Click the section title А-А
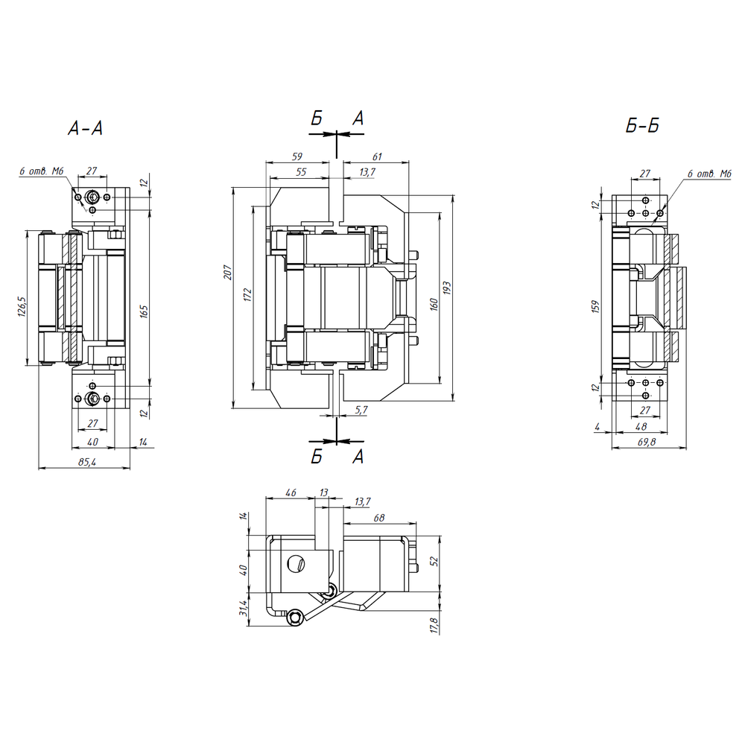click(x=86, y=128)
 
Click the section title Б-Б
click(x=642, y=125)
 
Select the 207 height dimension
click(x=228, y=272)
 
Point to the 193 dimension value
click(x=447, y=288)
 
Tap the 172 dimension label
click(x=247, y=294)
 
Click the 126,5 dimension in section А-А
click(x=22, y=306)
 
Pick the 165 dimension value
click(x=145, y=311)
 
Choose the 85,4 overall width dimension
click(x=87, y=461)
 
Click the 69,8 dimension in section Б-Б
click(x=647, y=442)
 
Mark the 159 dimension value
click(x=596, y=306)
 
